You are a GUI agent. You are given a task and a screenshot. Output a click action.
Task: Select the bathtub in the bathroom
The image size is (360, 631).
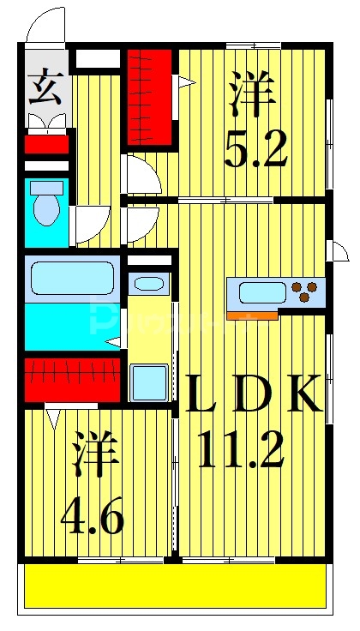coord(72,278)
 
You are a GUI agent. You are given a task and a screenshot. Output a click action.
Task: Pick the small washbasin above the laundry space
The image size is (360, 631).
coord(150,284)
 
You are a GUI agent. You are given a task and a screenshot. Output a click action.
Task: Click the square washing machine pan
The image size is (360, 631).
coord(149,381)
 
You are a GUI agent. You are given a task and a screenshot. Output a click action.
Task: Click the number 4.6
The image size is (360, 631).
coord(92,516)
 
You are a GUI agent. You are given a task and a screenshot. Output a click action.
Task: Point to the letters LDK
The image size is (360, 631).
coord(255,392)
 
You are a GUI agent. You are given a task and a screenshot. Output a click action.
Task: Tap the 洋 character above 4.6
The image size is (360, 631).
coord(94,457)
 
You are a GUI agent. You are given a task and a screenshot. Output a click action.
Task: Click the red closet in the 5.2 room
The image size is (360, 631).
coord(150,96)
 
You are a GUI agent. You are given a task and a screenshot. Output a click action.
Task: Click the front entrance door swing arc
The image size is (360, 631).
coord(45,24)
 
